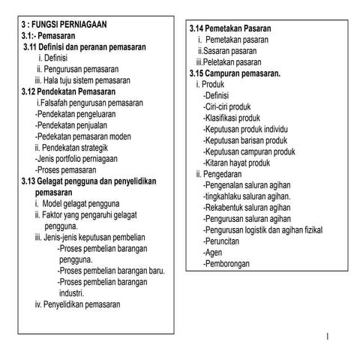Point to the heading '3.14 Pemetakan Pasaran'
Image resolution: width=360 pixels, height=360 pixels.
tap(230, 28)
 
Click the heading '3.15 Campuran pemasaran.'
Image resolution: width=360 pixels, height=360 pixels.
tap(235, 73)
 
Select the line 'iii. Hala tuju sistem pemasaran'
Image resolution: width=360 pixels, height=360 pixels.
tap(82, 79)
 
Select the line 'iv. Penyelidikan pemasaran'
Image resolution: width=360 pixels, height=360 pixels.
tap(77, 304)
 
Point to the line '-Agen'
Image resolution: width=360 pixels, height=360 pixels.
tap(214, 253)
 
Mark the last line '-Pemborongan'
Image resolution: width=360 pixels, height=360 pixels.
tap(229, 264)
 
